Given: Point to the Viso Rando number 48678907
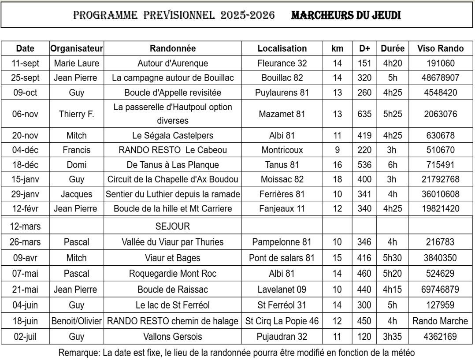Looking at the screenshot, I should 438,78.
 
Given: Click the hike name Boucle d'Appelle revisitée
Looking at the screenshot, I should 173,93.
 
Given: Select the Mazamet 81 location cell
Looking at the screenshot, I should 282,114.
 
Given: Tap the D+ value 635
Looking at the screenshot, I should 364,114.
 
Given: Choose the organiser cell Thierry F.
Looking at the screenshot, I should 76,114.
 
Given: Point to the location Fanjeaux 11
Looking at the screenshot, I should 282,208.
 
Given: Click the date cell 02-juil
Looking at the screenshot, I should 25,337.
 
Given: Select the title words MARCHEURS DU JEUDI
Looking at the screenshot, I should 346,15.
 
